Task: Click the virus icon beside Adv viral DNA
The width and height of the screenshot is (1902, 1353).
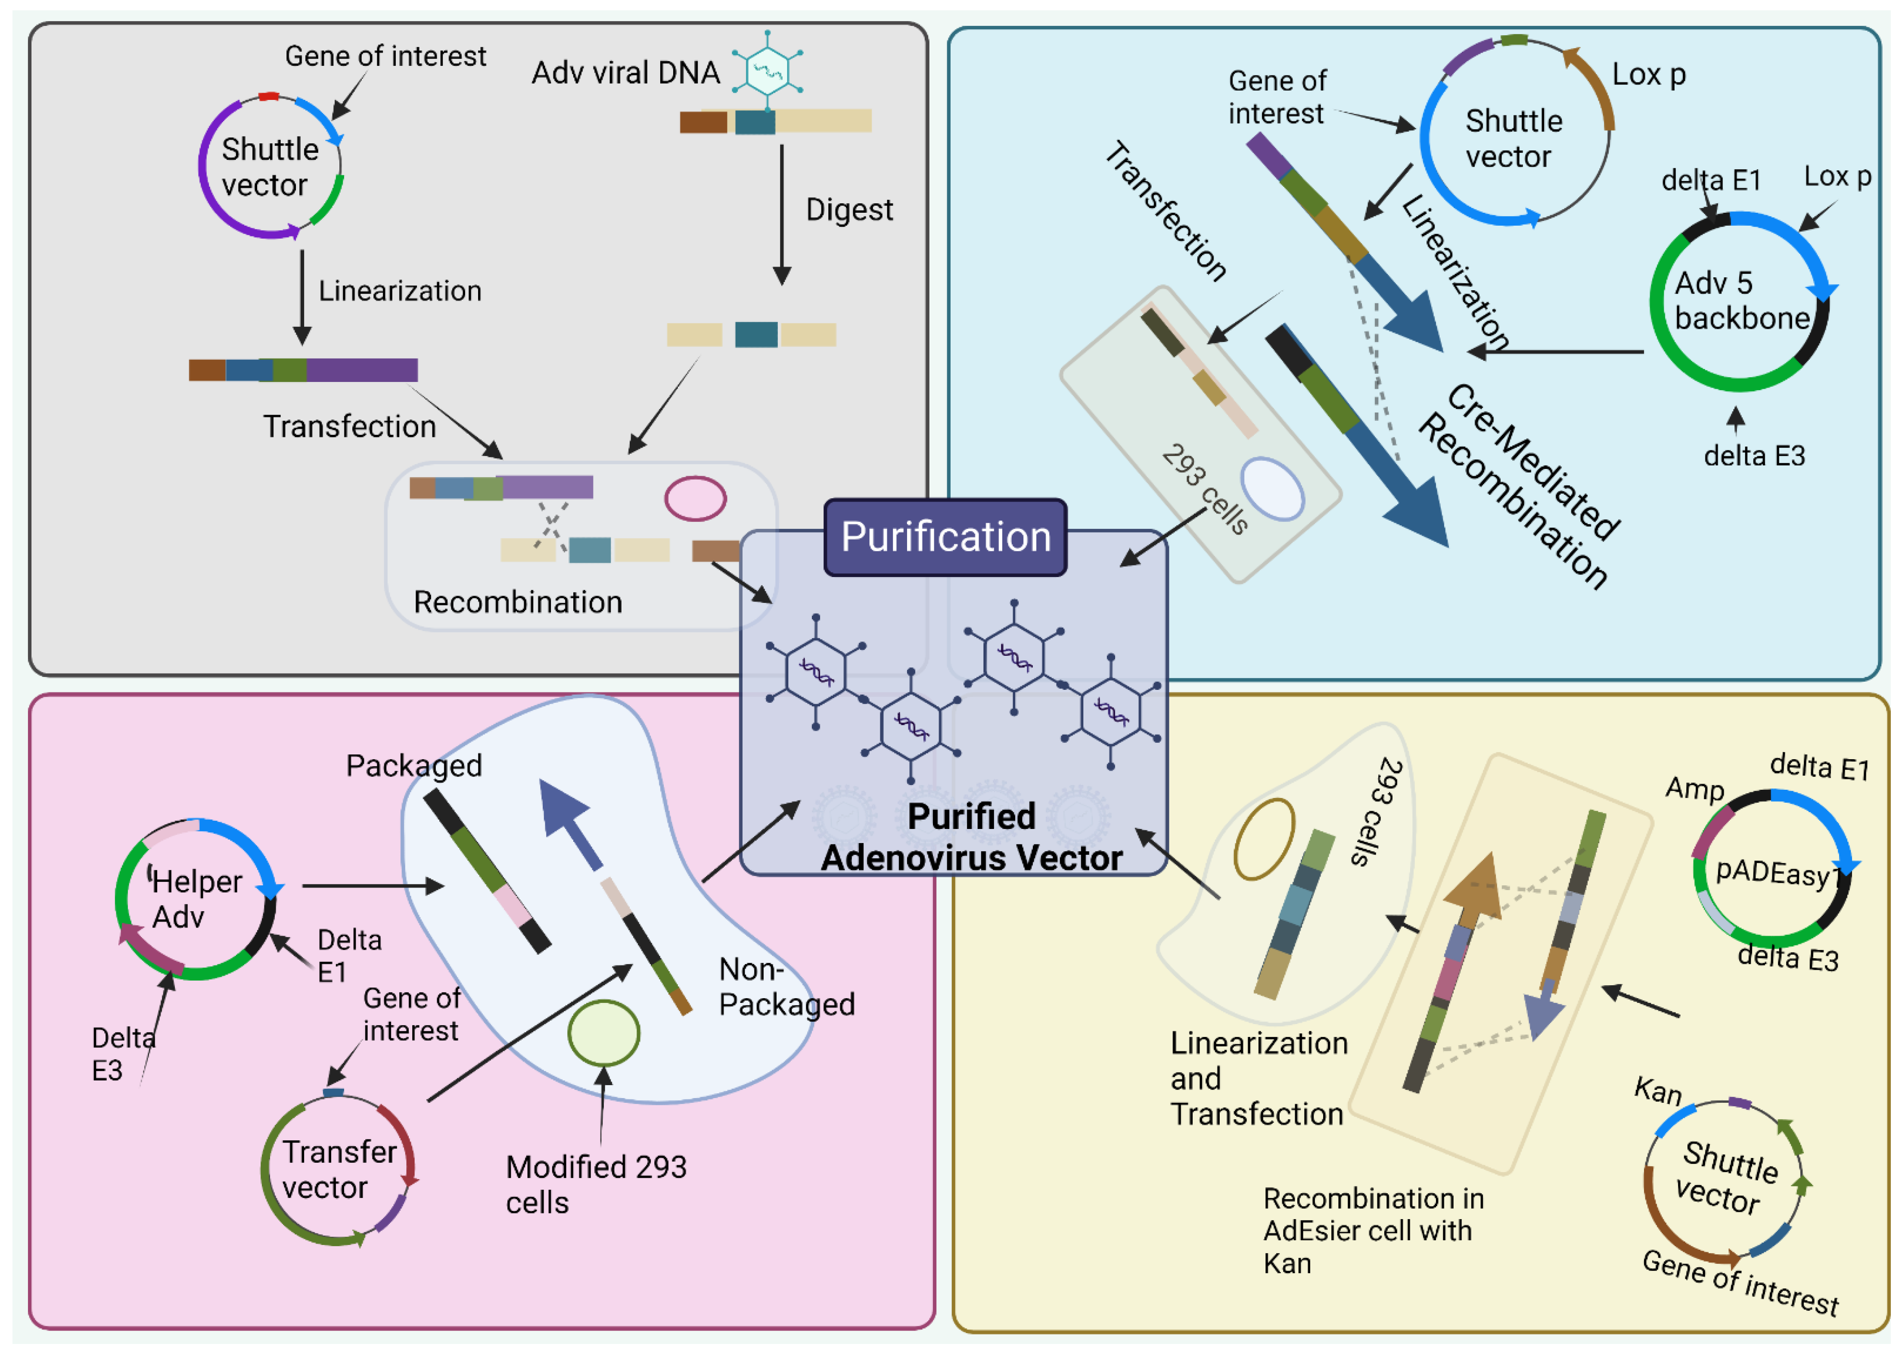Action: tap(767, 70)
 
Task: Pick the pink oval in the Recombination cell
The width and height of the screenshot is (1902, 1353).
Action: tap(695, 498)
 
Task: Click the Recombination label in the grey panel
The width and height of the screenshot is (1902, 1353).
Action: tap(517, 602)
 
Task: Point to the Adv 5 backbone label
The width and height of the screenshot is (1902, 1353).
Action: tap(1740, 301)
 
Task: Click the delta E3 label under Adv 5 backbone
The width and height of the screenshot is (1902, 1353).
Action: tap(1754, 456)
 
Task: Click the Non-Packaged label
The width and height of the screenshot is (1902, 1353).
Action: tap(786, 987)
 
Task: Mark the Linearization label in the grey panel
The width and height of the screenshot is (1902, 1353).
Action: tap(399, 291)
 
